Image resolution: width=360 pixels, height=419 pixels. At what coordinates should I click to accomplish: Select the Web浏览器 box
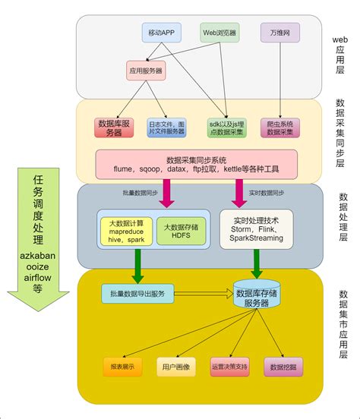(219, 33)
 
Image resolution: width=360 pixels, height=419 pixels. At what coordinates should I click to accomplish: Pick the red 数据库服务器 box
(114, 127)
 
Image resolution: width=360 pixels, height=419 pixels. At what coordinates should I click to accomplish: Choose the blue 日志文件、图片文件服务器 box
(166, 127)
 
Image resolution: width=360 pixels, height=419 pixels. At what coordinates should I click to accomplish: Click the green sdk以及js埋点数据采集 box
(226, 127)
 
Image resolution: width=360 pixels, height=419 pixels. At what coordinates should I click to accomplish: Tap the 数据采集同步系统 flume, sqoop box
(207, 165)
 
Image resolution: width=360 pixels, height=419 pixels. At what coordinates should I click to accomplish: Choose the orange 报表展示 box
(122, 367)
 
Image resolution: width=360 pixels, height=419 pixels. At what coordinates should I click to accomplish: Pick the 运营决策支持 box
(229, 367)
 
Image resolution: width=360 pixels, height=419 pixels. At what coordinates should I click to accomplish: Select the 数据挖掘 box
(282, 367)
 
